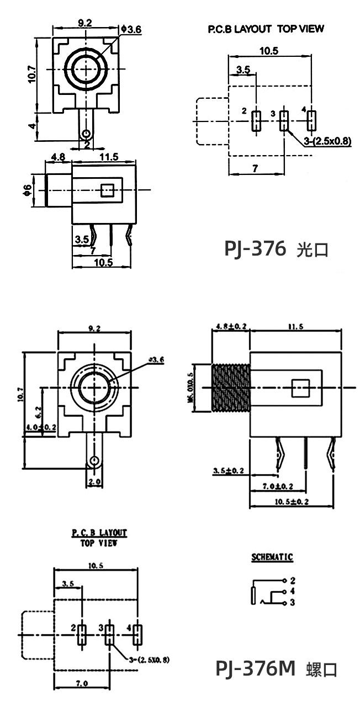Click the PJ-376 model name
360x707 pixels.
tap(255, 248)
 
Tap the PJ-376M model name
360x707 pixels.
tap(255, 668)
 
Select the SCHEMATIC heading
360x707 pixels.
tap(272, 557)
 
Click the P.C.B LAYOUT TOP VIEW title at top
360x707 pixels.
tap(266, 29)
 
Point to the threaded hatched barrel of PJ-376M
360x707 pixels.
tap(231, 387)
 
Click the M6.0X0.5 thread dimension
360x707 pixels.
tap(191, 387)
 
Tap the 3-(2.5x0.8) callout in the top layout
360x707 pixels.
tap(327, 141)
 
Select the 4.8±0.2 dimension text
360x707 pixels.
tap(230, 326)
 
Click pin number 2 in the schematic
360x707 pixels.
tap(292, 581)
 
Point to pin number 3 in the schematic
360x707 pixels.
tap(292, 603)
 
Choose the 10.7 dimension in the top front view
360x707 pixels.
tap(31, 74)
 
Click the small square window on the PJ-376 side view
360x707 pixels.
tap(108, 190)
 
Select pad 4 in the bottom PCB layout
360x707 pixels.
tap(136, 635)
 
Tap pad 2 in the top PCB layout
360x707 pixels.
tap(256, 121)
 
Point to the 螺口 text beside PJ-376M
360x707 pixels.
tap(321, 669)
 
